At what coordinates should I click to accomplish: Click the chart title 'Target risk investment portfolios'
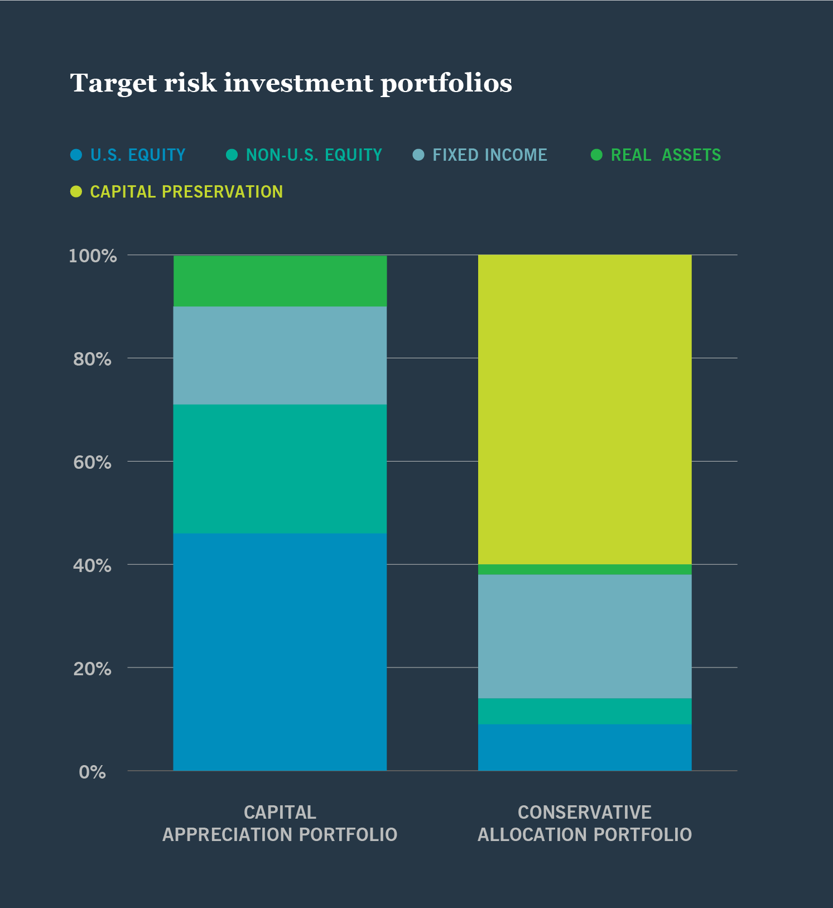tap(291, 84)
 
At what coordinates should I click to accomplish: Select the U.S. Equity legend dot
tap(76, 155)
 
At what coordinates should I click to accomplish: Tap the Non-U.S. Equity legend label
tap(314, 155)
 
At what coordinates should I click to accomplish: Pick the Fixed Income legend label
tap(489, 155)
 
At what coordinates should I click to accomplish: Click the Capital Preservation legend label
tap(186, 192)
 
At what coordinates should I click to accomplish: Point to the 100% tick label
tap(93, 256)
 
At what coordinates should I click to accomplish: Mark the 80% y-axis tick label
tap(93, 359)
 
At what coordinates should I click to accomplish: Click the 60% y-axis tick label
tap(93, 463)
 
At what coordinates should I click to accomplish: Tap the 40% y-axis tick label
tap(93, 566)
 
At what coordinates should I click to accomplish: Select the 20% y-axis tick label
tap(93, 669)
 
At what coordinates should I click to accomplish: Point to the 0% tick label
tap(93, 772)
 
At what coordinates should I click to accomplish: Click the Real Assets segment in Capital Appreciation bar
tap(280, 281)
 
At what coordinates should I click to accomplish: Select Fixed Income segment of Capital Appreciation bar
tap(280, 355)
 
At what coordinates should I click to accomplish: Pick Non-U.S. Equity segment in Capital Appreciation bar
tap(280, 469)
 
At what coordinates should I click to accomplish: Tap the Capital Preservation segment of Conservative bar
tap(585, 410)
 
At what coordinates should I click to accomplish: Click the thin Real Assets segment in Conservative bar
tap(585, 570)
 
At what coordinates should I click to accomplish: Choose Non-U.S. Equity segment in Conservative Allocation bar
tap(585, 711)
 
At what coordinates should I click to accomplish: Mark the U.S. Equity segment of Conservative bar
tap(585, 747)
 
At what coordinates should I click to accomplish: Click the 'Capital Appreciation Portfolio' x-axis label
tap(280, 823)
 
